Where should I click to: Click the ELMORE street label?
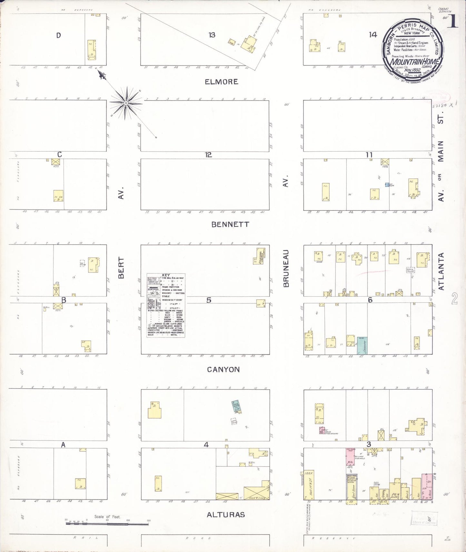(222, 82)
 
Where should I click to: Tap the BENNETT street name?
(230, 224)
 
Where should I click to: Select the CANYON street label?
(223, 369)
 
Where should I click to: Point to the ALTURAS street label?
(226, 515)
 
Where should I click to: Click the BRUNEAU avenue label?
(286, 268)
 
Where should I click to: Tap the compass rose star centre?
(126, 103)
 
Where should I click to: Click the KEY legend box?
(166, 305)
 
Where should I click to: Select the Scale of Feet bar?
(107, 524)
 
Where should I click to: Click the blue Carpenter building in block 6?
(362, 346)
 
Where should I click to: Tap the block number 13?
(212, 35)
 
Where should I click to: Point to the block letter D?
(58, 35)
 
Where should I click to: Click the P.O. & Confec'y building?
(395, 491)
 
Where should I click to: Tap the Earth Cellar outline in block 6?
(410, 270)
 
